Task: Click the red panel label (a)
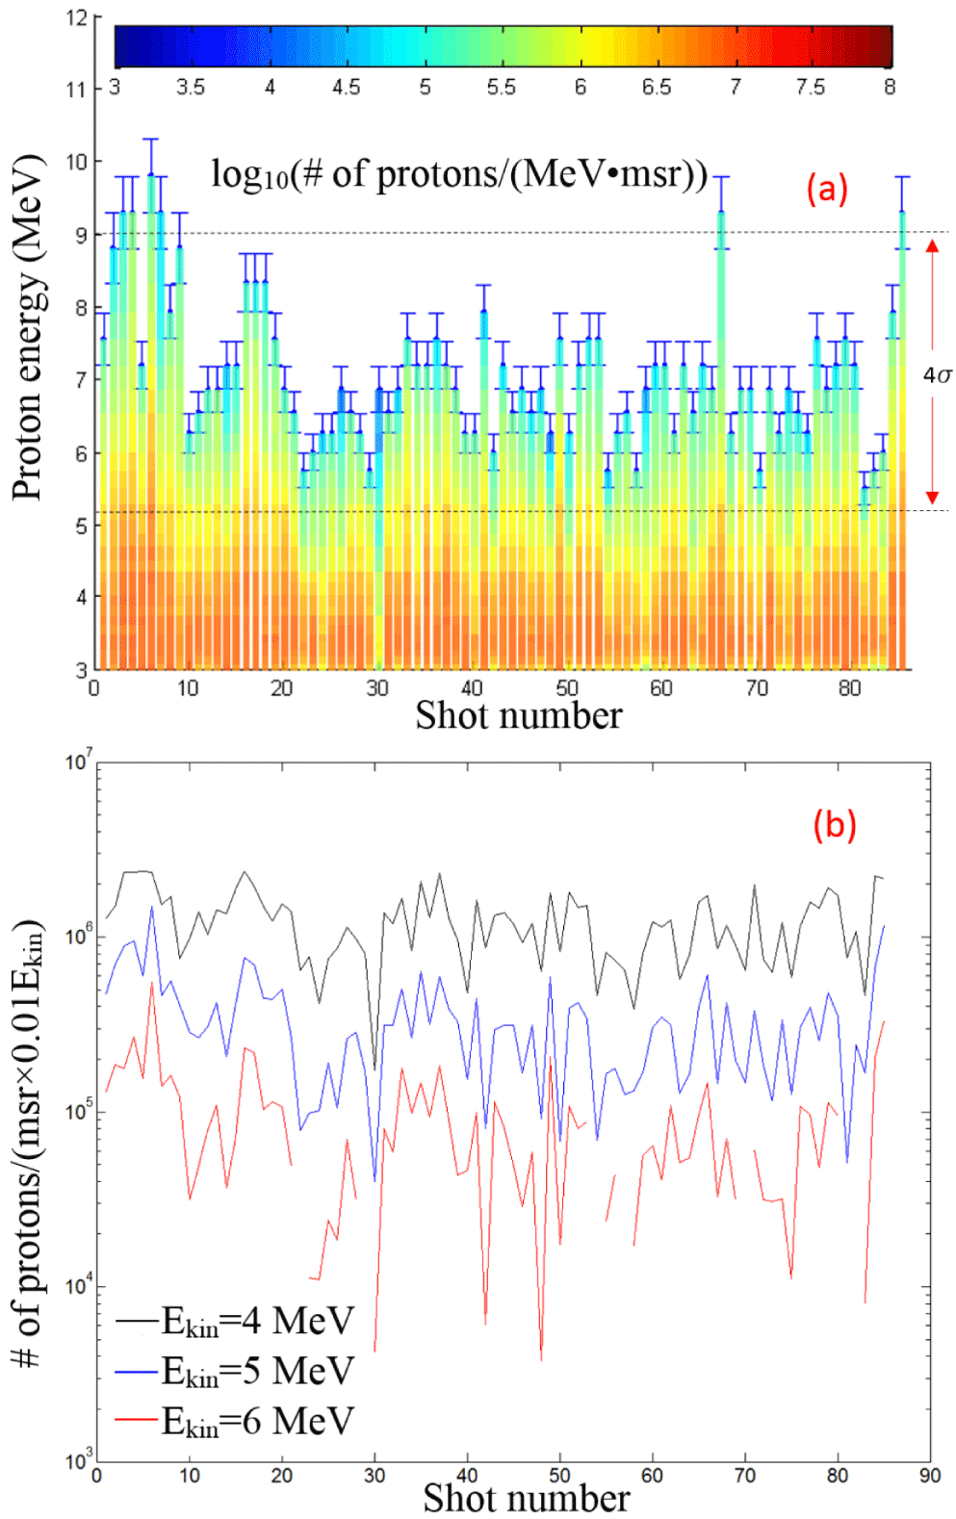827,189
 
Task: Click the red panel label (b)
834,825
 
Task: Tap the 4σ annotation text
937,374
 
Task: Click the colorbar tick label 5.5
501,88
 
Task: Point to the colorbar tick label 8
890,88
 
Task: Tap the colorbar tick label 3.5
191,88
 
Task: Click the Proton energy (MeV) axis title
28,327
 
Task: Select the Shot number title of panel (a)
518,715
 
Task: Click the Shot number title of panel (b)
526,1498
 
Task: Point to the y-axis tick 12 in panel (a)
77,18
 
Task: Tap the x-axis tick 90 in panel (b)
929,1476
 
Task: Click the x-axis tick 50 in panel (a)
566,688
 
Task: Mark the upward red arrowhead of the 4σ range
932,245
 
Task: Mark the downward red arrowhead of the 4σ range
932,498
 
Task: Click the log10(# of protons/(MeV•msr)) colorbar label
459,174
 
